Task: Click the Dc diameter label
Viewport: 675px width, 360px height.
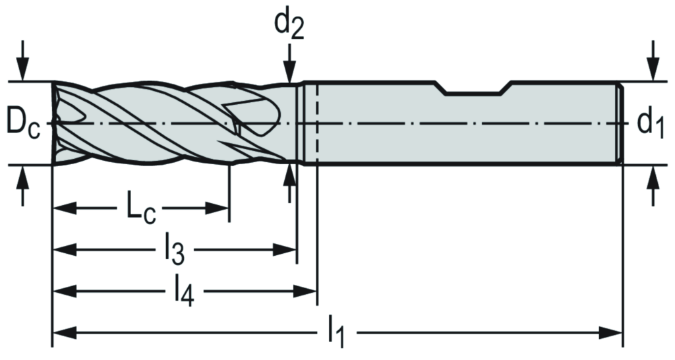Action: pos(23,123)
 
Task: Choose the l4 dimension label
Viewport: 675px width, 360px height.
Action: pos(184,291)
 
